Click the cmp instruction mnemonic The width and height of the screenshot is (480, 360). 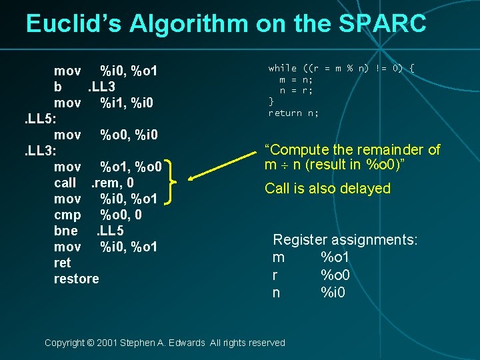coord(67,215)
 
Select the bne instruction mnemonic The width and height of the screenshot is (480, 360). coord(66,231)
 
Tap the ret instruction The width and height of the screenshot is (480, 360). coord(62,263)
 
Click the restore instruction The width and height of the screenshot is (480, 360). coord(76,279)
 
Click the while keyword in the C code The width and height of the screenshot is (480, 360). coord(283,68)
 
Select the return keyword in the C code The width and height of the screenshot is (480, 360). coord(285,113)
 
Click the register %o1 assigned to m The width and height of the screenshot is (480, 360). coord(336,257)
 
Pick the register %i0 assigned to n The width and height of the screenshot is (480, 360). coord(333,292)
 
